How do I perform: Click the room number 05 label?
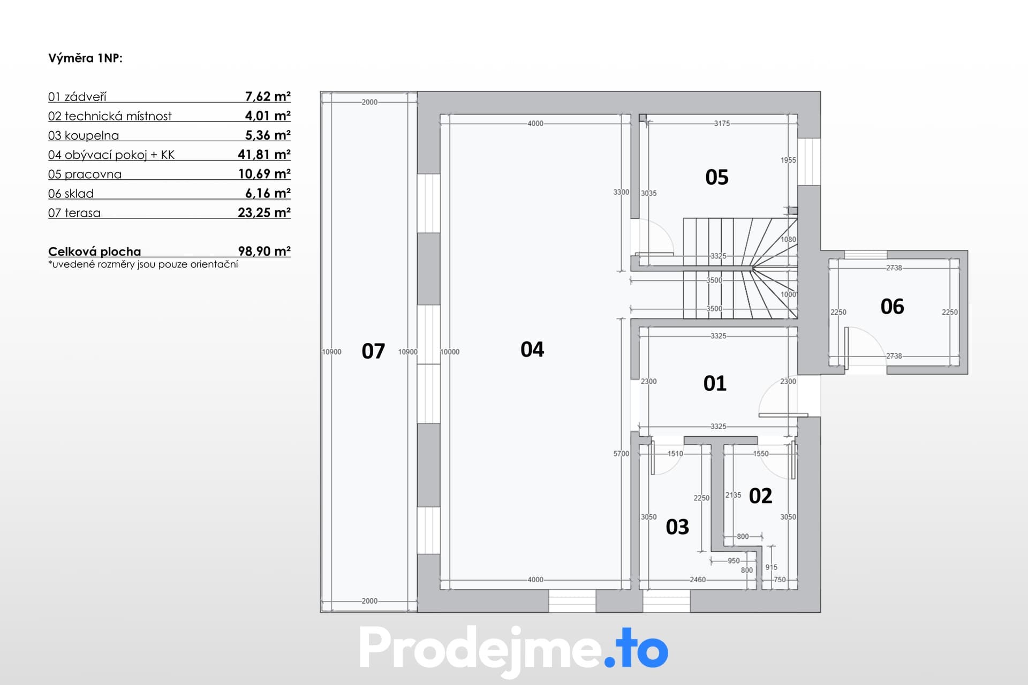click(717, 177)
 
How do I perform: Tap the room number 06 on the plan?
click(892, 307)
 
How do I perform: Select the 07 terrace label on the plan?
click(373, 351)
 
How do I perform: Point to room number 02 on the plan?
click(760, 496)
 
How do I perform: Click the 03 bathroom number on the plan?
click(677, 527)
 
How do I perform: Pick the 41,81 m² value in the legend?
click(264, 155)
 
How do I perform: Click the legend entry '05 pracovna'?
click(85, 174)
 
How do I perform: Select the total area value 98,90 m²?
click(264, 252)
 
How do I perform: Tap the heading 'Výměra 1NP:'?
click(86, 58)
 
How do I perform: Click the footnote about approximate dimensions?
click(143, 264)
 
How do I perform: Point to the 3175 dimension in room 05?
click(722, 124)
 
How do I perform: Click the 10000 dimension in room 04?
click(450, 352)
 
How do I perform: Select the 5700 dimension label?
click(621, 454)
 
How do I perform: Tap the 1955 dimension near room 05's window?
click(788, 160)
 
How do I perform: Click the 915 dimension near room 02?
click(771, 567)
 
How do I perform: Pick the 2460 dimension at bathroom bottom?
click(698, 580)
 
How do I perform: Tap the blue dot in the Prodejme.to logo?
click(610, 662)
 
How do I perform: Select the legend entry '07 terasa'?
click(74, 213)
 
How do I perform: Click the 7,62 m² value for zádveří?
click(268, 97)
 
